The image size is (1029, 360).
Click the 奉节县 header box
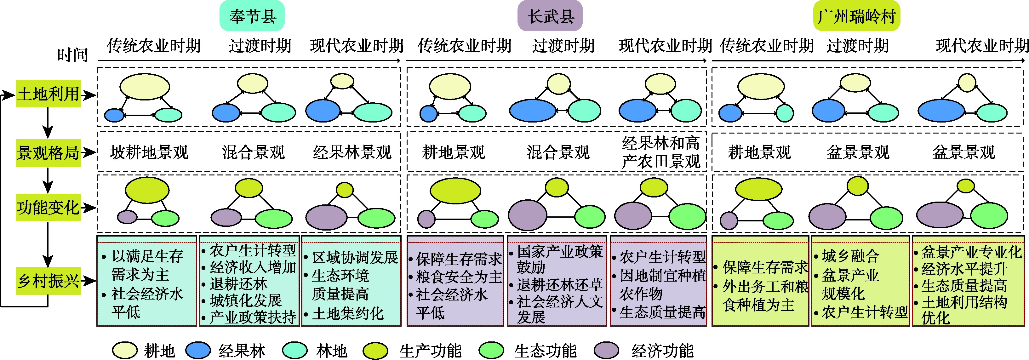(x=252, y=16)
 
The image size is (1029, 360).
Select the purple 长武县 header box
(x=550, y=16)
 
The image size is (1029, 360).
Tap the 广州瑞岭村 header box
(x=856, y=16)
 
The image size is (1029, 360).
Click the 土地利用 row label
(x=48, y=94)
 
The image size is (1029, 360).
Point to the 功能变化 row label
(x=48, y=207)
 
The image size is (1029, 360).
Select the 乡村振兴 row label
(x=48, y=281)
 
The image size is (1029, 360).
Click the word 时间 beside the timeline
(x=72, y=55)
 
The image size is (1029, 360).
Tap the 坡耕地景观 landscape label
(x=149, y=152)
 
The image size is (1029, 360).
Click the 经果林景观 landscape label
(x=352, y=152)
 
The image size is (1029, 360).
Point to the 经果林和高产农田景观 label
(x=661, y=152)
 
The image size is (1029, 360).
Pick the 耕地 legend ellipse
(x=125, y=351)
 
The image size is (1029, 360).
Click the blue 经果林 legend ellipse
(x=198, y=351)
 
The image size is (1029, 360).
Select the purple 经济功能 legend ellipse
(x=606, y=351)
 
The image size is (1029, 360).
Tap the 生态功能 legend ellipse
(x=491, y=351)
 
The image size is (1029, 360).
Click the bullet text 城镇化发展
(x=246, y=300)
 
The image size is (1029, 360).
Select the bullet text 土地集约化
(x=347, y=314)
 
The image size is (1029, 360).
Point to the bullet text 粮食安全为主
(x=459, y=277)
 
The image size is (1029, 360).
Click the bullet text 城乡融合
(x=850, y=256)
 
